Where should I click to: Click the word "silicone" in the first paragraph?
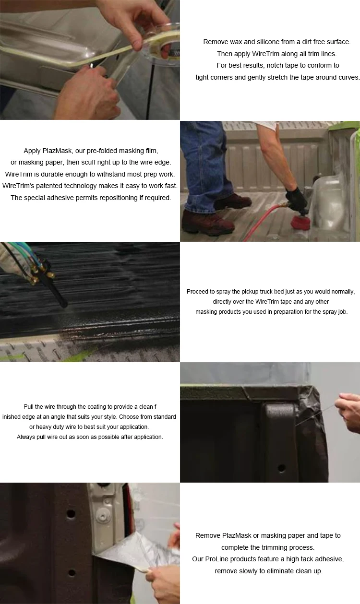255,42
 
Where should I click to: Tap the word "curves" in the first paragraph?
348,77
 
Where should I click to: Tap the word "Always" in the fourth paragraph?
26,437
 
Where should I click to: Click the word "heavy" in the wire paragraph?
46,427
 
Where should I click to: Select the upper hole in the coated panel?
71,514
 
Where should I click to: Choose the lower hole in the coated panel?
72,573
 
